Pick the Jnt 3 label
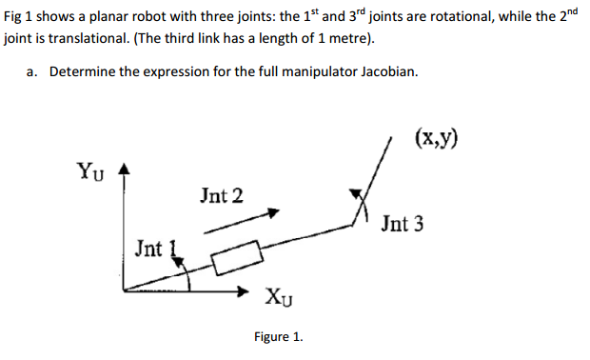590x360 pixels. pyautogui.click(x=402, y=225)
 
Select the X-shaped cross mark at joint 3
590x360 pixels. pyautogui.click(x=361, y=204)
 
